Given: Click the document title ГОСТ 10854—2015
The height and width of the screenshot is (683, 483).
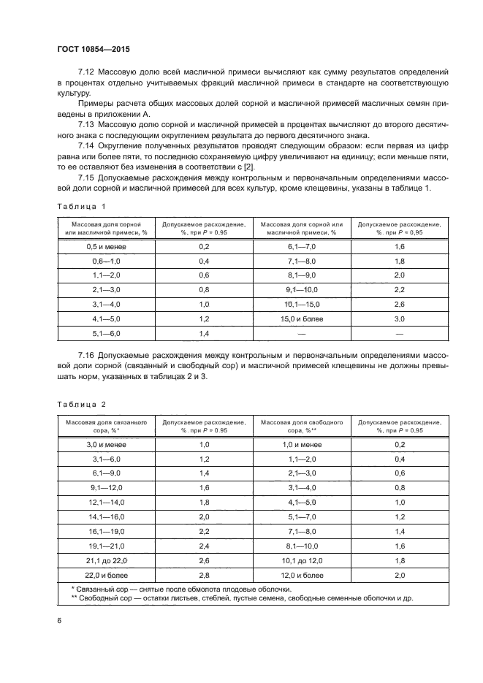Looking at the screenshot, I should point(94,49).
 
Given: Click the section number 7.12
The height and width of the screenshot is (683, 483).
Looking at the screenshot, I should point(87,72).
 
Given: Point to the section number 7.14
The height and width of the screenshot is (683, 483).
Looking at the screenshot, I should point(87,146).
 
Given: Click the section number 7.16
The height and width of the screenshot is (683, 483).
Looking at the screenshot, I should point(87,354).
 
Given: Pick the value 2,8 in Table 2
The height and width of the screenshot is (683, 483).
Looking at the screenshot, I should point(204,575).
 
